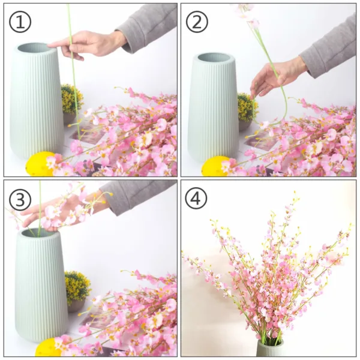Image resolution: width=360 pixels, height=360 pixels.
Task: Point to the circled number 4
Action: pos(196,197)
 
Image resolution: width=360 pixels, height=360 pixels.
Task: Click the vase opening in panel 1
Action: pos(37,47)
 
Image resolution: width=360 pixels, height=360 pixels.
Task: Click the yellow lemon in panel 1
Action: pos(41,164)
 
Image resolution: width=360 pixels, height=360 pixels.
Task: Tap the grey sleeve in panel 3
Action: pos(141,193)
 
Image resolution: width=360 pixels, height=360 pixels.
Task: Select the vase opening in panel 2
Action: pos(215,58)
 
